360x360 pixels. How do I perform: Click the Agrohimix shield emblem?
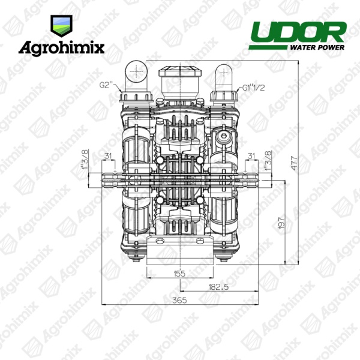(61, 26)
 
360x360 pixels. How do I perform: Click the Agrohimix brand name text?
(62, 49)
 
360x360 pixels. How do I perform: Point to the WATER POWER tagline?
(317, 47)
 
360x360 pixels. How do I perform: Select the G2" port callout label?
(107, 85)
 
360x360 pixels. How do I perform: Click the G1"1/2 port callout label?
(254, 88)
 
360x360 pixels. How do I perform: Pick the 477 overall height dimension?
(294, 163)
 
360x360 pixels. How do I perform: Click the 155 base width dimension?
(179, 274)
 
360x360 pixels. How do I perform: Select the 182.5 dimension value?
(218, 287)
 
